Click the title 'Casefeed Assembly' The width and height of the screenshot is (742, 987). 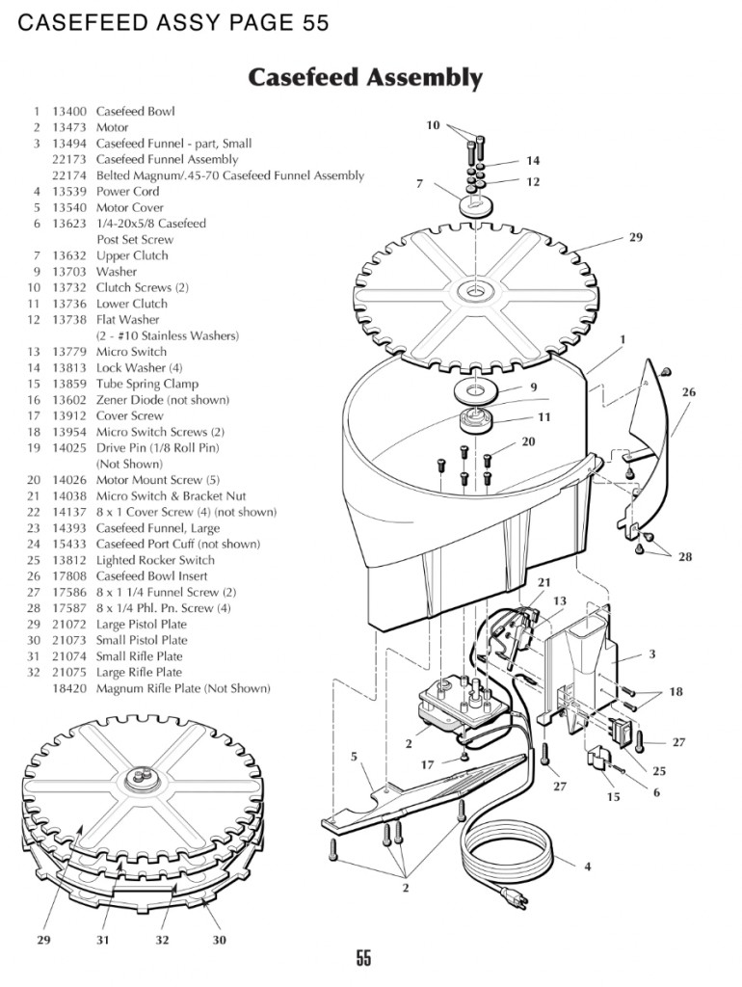365,77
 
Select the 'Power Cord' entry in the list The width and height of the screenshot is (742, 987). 127,191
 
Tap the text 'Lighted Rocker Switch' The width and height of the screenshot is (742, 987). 155,560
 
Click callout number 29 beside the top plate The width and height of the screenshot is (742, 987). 635,237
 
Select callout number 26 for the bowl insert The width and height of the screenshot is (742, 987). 688,392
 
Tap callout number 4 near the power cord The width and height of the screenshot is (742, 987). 588,867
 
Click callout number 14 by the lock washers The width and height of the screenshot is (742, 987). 533,161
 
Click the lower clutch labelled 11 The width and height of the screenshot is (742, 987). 477,420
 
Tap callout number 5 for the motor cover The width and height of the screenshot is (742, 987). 354,757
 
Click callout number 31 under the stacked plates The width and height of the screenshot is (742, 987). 103,940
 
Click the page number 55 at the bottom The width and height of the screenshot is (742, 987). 363,957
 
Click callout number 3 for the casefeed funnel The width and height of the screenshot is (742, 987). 652,654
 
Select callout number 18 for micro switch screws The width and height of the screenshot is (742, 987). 675,692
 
